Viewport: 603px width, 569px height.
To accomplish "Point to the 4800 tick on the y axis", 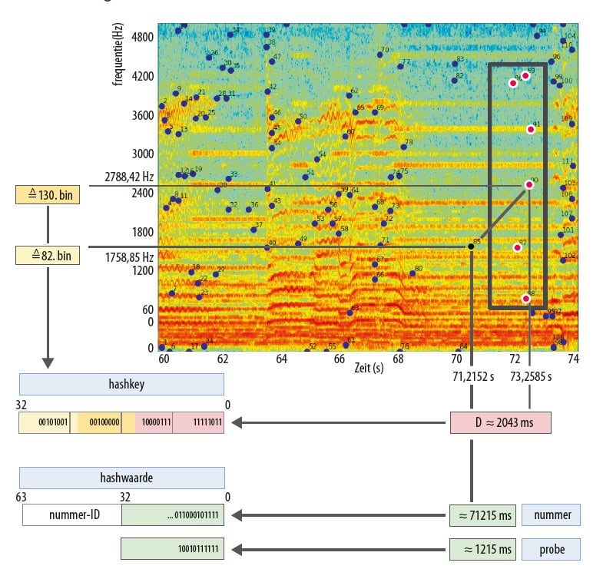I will [142, 36].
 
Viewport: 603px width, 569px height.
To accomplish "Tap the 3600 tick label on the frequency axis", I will [142, 116].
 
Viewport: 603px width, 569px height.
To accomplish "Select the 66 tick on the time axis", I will [339, 359].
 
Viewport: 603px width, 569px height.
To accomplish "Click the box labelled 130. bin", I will [48, 195].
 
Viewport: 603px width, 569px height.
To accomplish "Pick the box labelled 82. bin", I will [48, 255].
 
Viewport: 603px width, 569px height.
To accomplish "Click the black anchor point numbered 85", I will [471, 246].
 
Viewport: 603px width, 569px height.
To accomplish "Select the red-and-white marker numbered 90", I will [528, 184].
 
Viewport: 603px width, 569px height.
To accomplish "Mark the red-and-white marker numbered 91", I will [531, 129].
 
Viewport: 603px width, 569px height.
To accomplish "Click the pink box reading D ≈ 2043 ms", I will [500, 422].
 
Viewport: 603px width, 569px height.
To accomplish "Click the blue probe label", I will [550, 549].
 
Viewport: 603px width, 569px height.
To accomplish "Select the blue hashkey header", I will [121, 384].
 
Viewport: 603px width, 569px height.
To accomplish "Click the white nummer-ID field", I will [72, 514].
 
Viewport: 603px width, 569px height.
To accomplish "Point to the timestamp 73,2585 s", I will [530, 378].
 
